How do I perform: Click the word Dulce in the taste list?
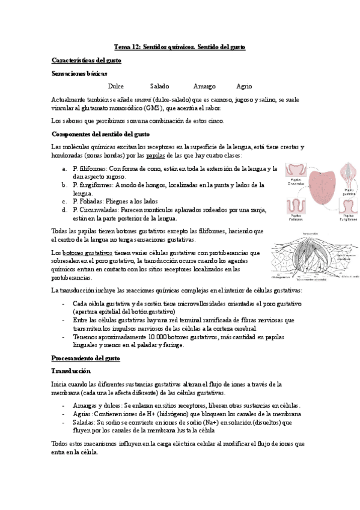[x=115, y=86]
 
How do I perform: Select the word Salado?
[x=159, y=86]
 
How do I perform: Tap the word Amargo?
[x=204, y=86]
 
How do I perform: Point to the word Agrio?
[x=245, y=86]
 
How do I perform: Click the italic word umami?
[x=142, y=99]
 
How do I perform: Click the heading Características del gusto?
[x=87, y=60]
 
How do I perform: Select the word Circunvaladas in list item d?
[x=96, y=210]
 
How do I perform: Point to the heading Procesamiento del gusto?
[x=85, y=358]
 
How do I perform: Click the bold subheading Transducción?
[x=71, y=371]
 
